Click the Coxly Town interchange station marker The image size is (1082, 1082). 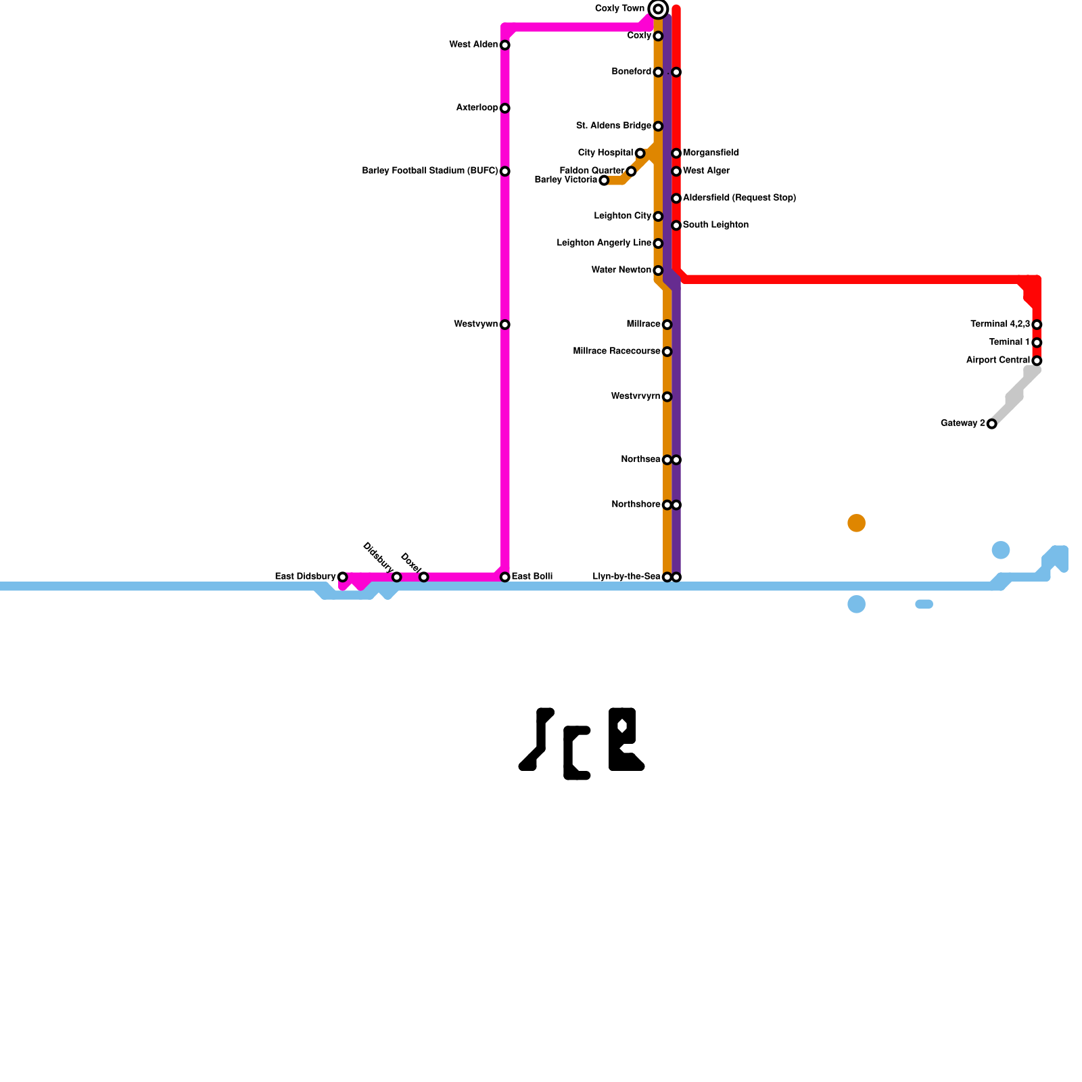658,9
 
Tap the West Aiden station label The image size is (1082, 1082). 473,45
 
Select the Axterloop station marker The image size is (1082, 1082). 504,108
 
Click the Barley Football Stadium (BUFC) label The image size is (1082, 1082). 430,171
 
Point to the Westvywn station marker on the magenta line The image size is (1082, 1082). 504,325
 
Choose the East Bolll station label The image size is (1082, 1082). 532,577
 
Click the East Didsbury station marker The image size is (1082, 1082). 342,577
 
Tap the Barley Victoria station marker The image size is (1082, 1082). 604,181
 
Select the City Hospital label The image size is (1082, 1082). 605,153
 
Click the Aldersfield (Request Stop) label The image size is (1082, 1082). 739,198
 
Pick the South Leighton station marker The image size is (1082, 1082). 676,225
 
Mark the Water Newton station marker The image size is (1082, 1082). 658,270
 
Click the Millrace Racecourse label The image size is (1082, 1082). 616,352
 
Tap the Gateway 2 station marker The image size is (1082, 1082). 991,424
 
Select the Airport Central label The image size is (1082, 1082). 997,360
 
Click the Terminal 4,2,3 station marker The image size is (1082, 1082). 1037,325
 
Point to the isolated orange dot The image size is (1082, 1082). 856,523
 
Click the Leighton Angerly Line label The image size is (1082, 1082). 604,243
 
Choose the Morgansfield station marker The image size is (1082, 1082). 676,154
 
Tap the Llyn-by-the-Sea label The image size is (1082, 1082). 626,577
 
